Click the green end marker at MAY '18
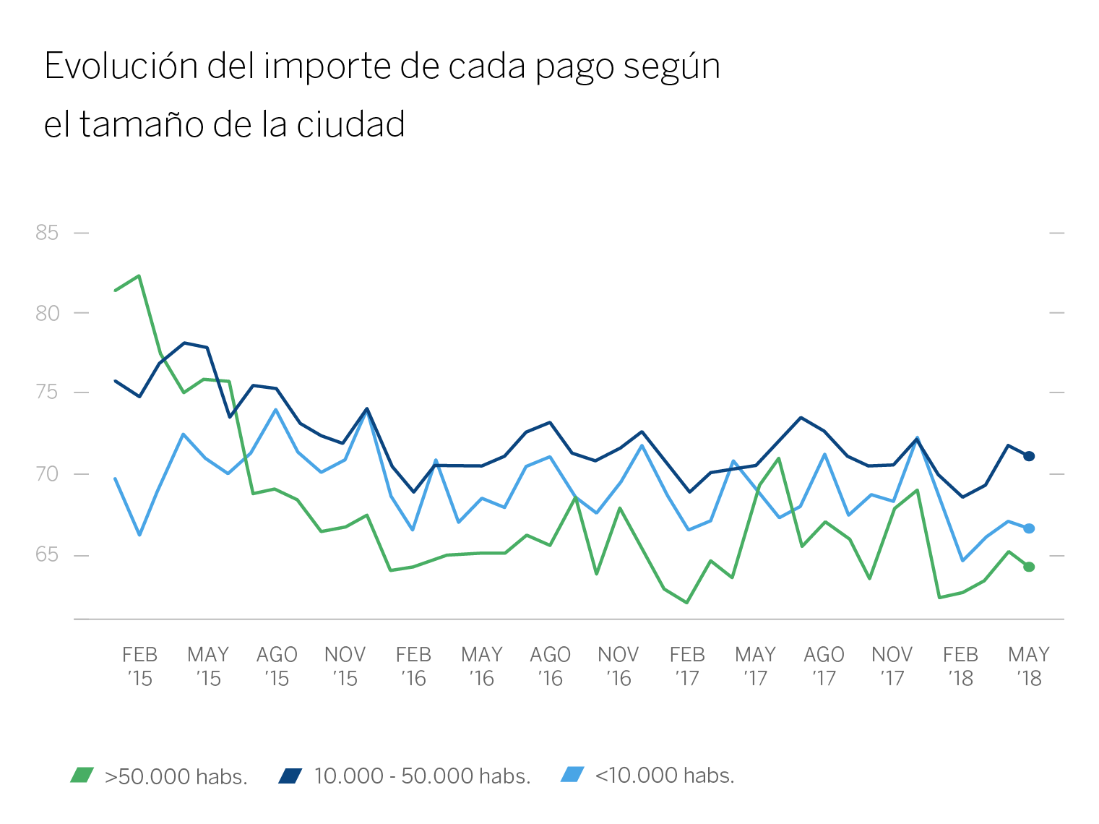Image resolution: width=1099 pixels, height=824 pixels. coord(1029,567)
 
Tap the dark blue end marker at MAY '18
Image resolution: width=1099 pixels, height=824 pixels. coord(1029,456)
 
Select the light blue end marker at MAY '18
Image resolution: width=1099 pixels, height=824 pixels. coord(1029,528)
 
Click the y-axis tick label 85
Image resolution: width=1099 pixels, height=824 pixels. coord(47,233)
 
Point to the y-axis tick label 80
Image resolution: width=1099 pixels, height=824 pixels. coord(47,313)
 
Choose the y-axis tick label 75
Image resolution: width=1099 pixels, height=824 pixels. coord(47,392)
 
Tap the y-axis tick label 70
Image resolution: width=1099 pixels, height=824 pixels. coord(47,474)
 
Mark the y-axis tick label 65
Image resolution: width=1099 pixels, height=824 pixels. coord(47,555)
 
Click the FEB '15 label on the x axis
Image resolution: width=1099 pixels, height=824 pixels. coord(139,666)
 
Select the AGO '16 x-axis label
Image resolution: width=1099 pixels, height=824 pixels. coord(550,666)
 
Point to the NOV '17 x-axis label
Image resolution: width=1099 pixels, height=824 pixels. coord(892,666)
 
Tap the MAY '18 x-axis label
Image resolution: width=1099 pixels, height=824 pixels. coord(1029,666)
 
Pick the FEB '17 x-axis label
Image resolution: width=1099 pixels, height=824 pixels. coord(686,666)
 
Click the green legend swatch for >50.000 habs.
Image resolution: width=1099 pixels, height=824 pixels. coord(82,776)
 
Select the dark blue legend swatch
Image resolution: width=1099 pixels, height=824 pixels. coord(290,776)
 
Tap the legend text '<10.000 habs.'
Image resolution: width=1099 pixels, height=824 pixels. coord(665,776)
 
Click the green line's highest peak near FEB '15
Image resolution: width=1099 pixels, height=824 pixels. coord(139,275)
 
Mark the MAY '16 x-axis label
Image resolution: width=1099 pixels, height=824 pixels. coord(482,666)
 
